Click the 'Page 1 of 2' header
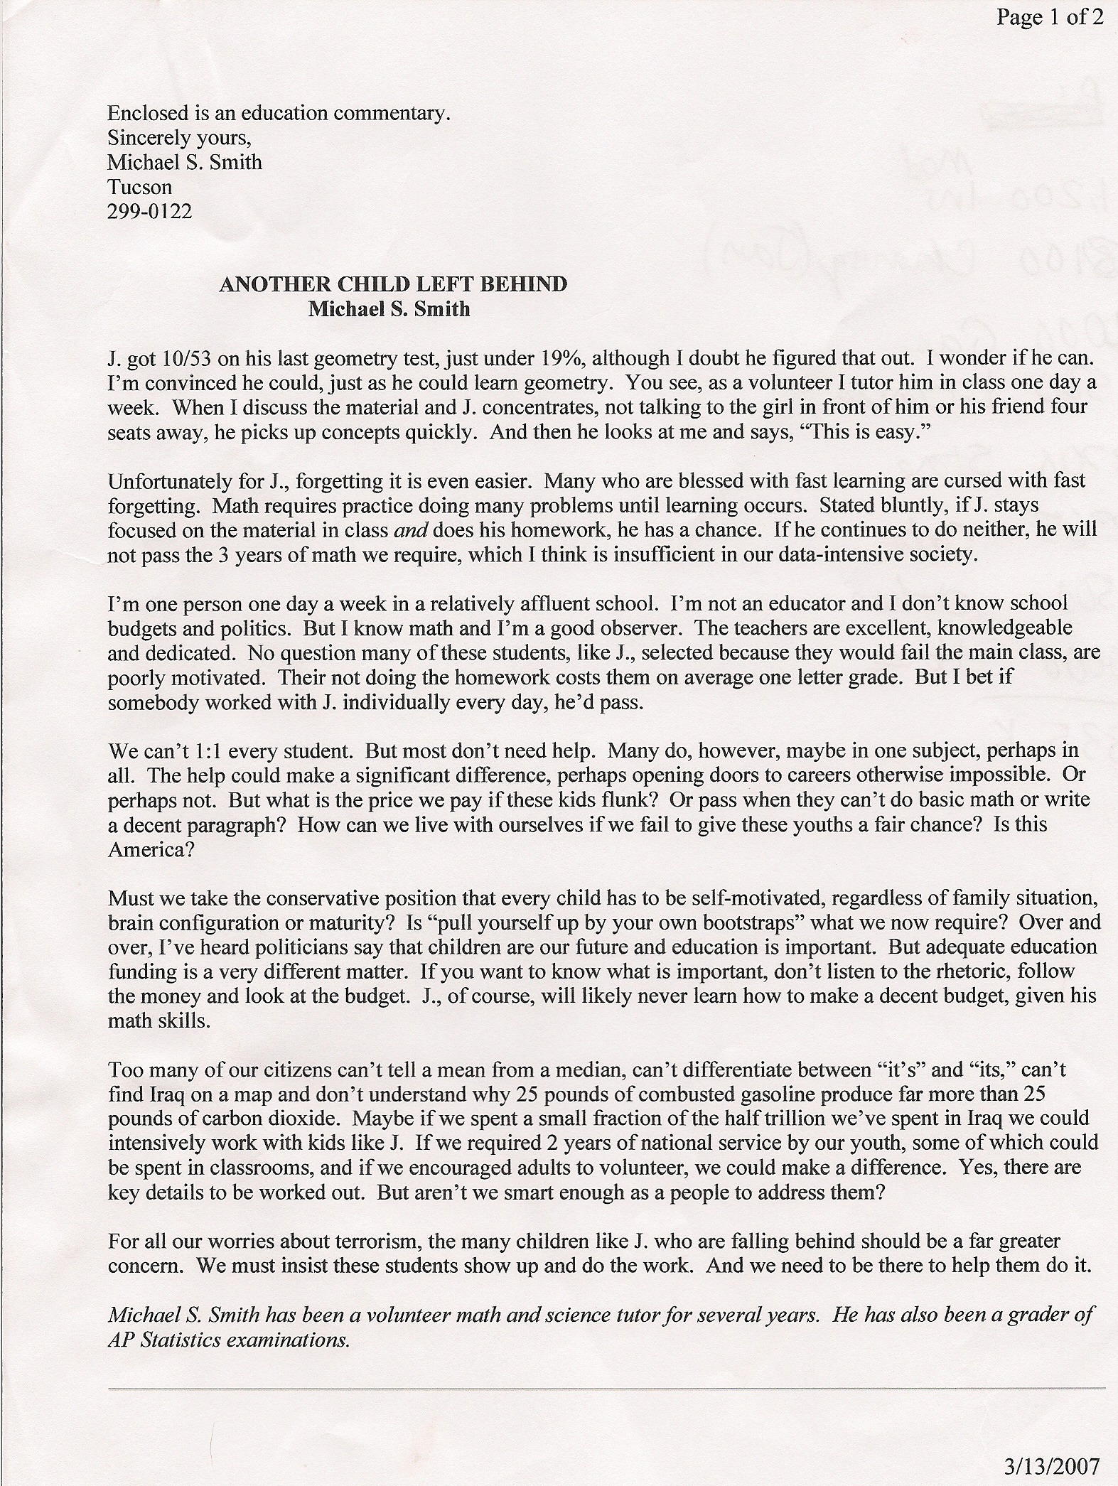tap(1049, 17)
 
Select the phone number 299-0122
tap(149, 211)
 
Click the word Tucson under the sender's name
tap(139, 187)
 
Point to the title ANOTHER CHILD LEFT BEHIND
tap(393, 284)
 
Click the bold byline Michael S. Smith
tap(389, 309)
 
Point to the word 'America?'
tap(151, 849)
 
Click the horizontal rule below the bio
tap(606, 1387)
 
